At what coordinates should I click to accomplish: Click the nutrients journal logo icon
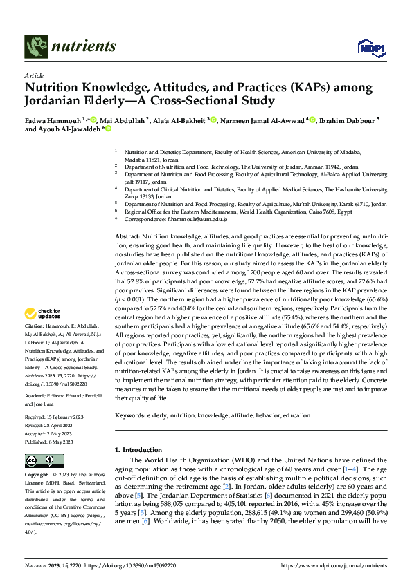pos(36,47)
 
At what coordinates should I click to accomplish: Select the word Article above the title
pos(33,75)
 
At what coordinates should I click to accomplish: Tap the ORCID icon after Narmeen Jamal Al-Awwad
pos(312,120)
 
